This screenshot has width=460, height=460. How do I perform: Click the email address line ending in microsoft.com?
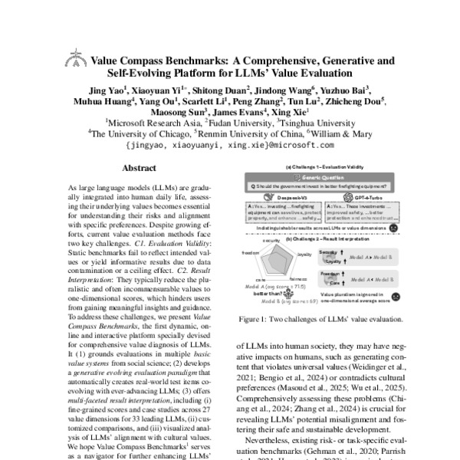pos(231,143)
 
